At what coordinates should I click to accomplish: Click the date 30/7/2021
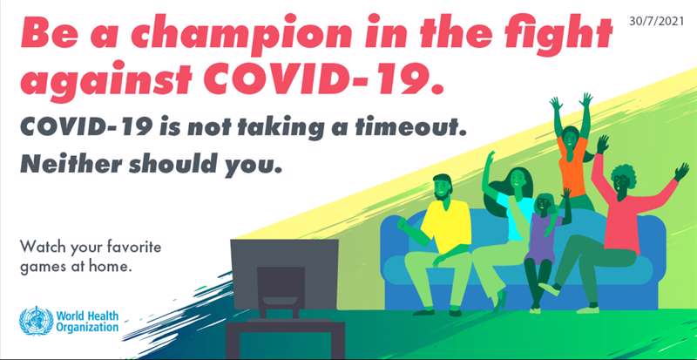click(x=656, y=21)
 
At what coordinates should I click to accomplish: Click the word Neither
click(x=71, y=163)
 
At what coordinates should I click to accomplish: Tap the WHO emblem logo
click(x=36, y=321)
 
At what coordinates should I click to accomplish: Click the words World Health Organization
click(x=87, y=322)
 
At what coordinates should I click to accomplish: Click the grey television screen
click(x=284, y=274)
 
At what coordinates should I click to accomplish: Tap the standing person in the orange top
click(x=573, y=152)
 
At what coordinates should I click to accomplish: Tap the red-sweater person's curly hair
click(x=623, y=174)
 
